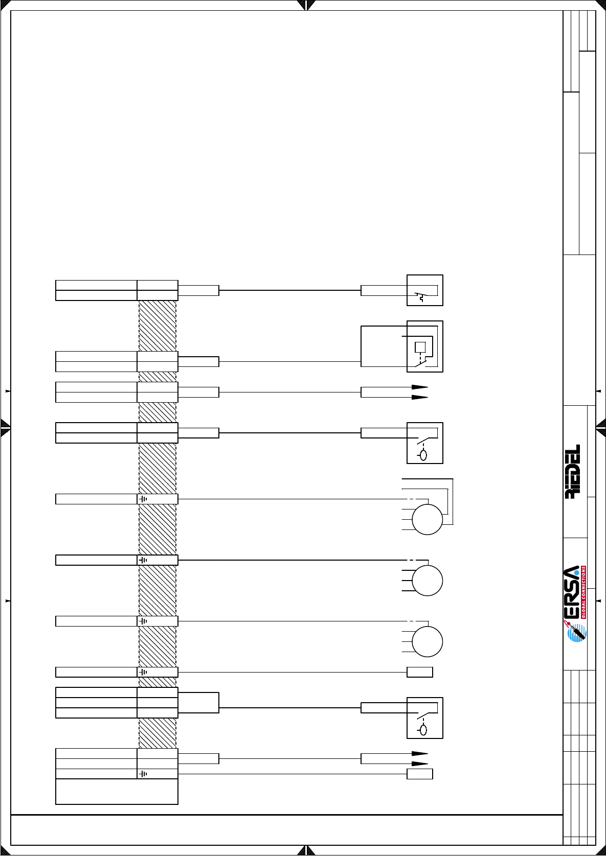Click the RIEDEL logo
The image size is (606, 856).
click(x=573, y=471)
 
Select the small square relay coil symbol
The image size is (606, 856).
click(x=420, y=347)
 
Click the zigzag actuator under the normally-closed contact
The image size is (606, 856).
click(x=420, y=297)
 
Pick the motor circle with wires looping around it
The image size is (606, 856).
click(x=427, y=519)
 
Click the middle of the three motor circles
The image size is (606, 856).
click(x=427, y=581)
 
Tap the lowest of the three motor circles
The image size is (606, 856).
click(x=427, y=642)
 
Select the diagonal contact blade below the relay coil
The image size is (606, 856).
click(x=420, y=363)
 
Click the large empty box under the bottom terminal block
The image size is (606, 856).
click(x=117, y=792)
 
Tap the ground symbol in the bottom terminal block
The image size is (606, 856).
click(x=143, y=774)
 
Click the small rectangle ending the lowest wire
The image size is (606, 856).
click(x=420, y=774)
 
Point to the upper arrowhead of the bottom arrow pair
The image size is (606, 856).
click(x=420, y=753)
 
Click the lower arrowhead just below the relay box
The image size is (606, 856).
click(x=420, y=397)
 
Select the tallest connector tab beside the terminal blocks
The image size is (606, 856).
click(x=198, y=702)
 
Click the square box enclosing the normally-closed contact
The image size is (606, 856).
click(x=424, y=290)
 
